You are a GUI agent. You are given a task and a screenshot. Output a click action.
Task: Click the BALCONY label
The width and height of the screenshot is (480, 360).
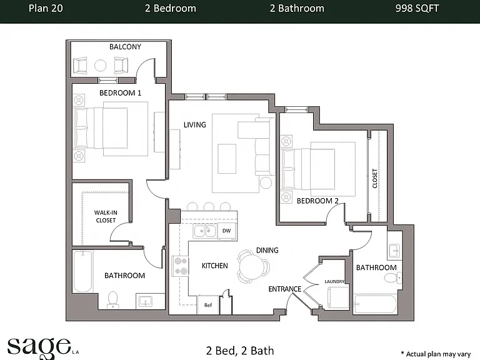point(125,47)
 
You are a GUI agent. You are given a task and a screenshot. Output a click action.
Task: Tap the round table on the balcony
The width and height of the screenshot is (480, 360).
point(100,65)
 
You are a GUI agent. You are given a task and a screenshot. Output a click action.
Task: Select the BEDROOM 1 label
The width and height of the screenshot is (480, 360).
point(120,92)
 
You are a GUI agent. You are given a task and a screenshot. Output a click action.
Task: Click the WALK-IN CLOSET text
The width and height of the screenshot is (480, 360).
point(106,216)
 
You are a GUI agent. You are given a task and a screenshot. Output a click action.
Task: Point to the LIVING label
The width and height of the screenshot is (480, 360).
point(195,124)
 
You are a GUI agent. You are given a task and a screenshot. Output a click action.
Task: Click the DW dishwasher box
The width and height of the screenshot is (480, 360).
point(226,231)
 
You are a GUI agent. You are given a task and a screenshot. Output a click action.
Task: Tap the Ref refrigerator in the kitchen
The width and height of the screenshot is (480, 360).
point(208,304)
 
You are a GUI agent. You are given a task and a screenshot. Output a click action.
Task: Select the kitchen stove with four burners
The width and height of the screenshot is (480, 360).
point(180,266)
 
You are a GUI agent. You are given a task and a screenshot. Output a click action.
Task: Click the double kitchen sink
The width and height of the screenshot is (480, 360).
point(204,231)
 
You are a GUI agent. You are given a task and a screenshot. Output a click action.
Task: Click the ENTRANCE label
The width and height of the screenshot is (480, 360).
point(285,289)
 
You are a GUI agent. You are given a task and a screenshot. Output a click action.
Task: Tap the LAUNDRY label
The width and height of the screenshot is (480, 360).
point(334,281)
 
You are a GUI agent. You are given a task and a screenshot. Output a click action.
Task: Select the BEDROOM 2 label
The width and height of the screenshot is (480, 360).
point(317,201)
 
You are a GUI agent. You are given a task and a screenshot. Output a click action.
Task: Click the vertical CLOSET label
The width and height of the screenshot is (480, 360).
point(375,179)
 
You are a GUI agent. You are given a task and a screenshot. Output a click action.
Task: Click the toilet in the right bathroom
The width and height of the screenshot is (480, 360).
point(392,278)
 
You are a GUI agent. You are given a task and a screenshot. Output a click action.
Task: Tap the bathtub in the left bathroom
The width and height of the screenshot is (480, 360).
point(82,271)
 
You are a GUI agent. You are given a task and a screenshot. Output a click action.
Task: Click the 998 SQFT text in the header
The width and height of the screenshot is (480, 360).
point(417,8)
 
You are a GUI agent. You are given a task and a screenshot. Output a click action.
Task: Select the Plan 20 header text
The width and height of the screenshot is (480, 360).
point(46,8)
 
